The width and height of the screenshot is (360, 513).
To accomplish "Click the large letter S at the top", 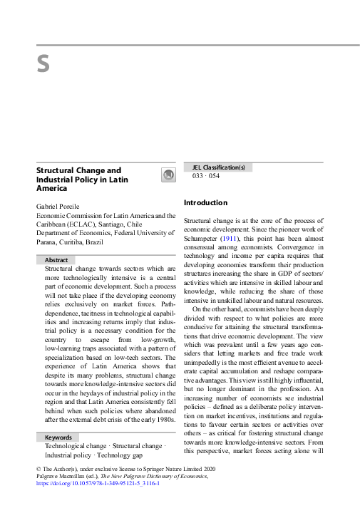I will coord(43,65).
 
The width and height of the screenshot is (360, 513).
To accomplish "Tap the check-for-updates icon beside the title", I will coord(168,175).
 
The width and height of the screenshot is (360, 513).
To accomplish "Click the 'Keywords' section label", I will coord(58,417).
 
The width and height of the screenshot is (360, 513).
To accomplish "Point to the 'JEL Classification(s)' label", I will coord(220,167).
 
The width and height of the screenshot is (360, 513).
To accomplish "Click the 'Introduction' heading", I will coord(205,203).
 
